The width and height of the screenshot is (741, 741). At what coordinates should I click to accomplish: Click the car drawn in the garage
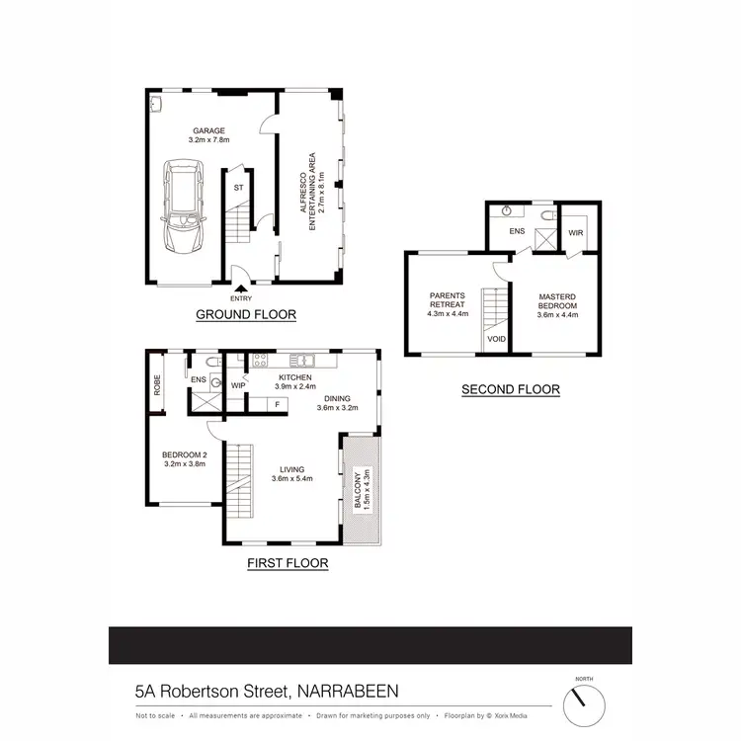point(185,209)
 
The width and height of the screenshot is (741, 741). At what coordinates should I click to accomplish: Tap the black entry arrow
point(240,288)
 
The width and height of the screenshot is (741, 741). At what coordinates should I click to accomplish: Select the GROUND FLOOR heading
point(246,315)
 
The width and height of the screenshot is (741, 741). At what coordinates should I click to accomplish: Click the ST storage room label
point(238,187)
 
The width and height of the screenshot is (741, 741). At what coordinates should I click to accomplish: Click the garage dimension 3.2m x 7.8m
point(208,140)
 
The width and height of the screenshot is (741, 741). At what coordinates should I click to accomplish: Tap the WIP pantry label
point(237,385)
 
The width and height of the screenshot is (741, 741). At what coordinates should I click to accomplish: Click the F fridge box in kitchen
point(278,403)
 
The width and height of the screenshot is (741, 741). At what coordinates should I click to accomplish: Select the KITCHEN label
point(294,378)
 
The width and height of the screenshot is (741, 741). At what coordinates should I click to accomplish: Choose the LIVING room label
point(291,469)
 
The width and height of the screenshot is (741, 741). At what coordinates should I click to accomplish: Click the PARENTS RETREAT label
point(447,300)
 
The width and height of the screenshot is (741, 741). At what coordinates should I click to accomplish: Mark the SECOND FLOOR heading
point(511,389)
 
